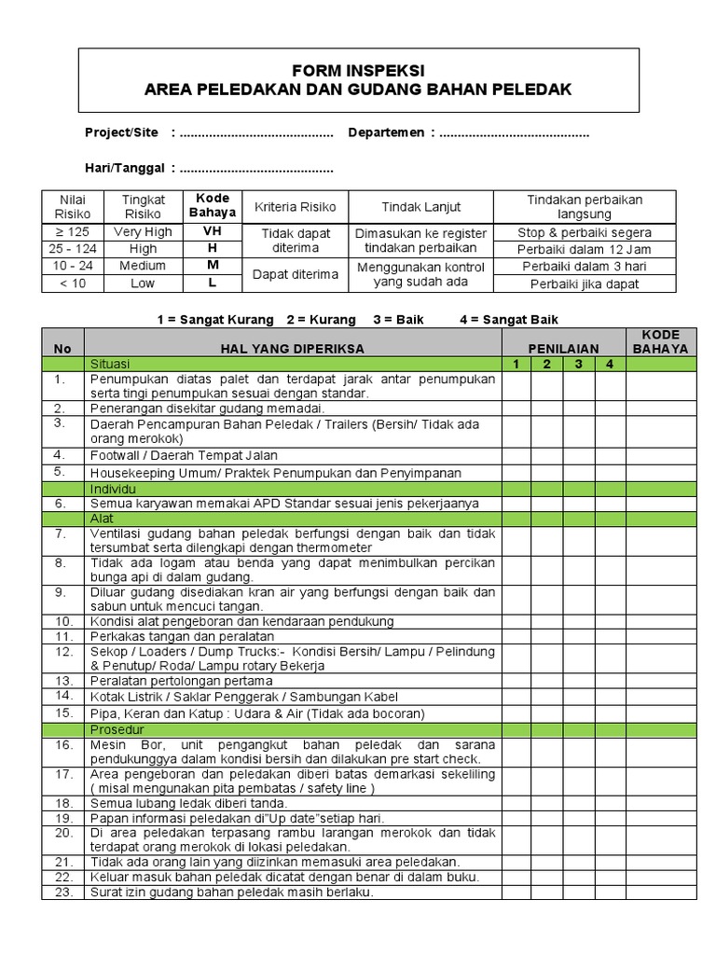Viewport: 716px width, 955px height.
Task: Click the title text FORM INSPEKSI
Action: tap(358, 70)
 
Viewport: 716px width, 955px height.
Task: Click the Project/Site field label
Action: tap(121, 132)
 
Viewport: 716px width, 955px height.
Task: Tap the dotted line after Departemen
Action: tap(514, 132)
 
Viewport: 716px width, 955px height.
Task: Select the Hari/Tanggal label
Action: tap(124, 167)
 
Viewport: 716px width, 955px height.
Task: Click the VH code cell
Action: tap(213, 231)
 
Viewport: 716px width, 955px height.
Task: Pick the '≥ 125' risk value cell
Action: tap(72, 231)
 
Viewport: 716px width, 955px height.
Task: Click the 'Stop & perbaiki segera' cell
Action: tap(585, 232)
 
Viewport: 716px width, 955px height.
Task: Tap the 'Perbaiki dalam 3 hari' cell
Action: tap(585, 266)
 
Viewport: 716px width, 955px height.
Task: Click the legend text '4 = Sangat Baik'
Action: tap(509, 319)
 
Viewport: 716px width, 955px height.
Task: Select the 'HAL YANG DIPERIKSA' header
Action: tap(292, 348)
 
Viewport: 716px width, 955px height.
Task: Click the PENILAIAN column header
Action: tap(563, 348)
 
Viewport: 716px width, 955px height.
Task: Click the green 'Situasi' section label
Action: tap(110, 364)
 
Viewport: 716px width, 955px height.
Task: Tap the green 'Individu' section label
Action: tap(113, 488)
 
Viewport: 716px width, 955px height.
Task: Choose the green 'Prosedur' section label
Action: tap(116, 728)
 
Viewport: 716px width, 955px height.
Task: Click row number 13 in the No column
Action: tap(62, 680)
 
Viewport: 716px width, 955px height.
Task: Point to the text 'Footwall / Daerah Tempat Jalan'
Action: tap(184, 455)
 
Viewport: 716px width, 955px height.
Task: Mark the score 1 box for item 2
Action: tap(516, 408)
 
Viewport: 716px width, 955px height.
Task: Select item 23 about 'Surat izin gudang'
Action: tap(231, 892)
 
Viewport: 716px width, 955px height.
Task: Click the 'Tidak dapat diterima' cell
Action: tap(296, 241)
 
